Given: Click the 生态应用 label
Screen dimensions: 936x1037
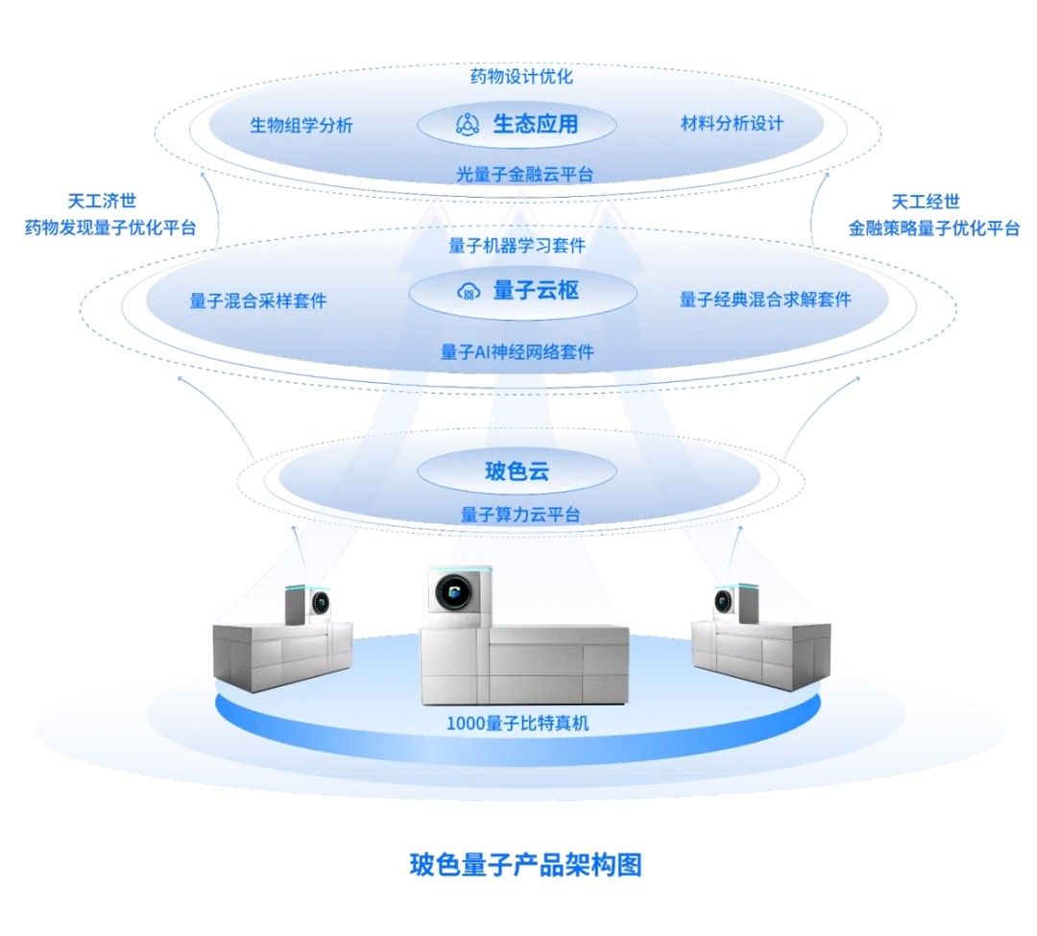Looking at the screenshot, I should click(536, 124).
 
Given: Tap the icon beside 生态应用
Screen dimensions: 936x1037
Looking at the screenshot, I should click(468, 124).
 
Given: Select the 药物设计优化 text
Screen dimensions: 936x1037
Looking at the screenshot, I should click(521, 77).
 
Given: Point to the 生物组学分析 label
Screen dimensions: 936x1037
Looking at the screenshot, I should click(301, 125).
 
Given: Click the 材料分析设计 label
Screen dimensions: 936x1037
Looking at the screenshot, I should click(732, 124).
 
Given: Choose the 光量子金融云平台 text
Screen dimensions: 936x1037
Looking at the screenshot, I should click(524, 174).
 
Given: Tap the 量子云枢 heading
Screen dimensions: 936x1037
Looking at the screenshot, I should click(536, 290).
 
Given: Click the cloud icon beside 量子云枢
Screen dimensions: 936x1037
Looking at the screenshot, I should click(468, 291).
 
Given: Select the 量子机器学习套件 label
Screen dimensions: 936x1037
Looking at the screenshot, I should click(517, 246).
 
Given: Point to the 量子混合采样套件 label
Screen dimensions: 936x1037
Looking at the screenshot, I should click(258, 300).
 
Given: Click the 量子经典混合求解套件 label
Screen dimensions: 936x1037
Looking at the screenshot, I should click(765, 300).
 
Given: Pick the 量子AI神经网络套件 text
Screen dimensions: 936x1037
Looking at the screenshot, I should click(518, 352).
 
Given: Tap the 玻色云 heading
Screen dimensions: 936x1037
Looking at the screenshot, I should click(518, 471).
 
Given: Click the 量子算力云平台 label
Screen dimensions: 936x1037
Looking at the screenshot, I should click(520, 515).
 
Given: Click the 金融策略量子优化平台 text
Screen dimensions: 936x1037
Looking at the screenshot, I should click(933, 228).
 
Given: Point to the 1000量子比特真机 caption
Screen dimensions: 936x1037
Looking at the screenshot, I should click(518, 723).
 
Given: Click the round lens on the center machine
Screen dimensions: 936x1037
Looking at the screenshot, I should click(450, 594).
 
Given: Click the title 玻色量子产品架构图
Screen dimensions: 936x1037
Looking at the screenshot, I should click(525, 864).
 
